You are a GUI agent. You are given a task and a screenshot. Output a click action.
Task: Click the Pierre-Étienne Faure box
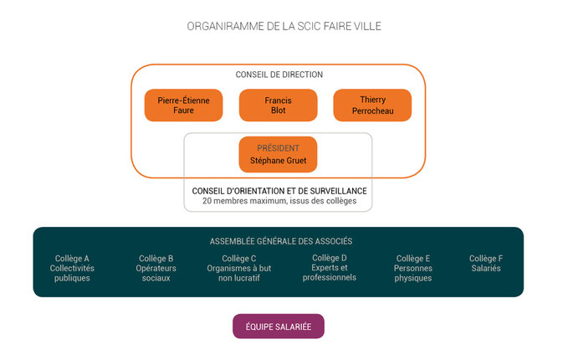point(184,105)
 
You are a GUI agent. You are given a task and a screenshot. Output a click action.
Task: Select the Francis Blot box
point(278,105)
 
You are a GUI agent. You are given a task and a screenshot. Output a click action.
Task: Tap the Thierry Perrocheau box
point(372,105)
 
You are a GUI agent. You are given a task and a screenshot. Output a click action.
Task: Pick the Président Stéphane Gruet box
point(278,154)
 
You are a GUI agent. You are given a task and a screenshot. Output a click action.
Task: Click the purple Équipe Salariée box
point(278,327)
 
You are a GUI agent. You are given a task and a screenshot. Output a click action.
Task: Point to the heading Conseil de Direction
point(279,75)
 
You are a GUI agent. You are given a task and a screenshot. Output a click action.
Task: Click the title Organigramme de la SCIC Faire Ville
point(284,26)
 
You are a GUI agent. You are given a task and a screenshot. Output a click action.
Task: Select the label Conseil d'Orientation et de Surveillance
point(279,191)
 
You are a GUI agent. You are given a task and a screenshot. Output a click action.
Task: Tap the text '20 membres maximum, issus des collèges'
point(279,202)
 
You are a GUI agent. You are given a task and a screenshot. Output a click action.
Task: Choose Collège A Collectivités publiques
point(72,268)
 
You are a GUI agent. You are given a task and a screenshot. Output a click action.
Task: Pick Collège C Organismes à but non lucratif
point(239,268)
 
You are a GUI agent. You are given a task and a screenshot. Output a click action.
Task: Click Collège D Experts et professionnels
point(329,267)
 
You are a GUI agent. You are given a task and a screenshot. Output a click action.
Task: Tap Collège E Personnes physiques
point(413,268)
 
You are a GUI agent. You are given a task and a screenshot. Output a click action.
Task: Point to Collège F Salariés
point(486,263)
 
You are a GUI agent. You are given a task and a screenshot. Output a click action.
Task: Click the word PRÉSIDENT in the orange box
point(278,148)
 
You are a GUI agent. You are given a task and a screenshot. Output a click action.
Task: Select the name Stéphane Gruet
point(278,160)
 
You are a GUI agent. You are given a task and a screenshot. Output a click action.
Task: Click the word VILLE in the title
point(365,26)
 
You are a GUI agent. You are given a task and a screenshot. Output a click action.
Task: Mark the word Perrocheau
point(372,111)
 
